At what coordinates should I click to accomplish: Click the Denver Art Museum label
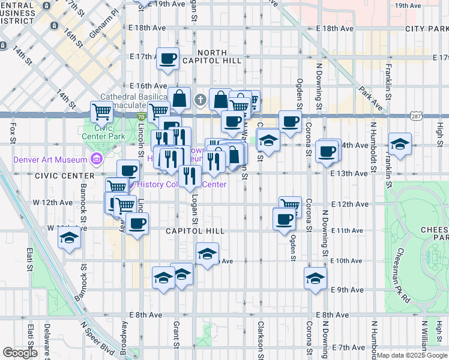pos(50,160)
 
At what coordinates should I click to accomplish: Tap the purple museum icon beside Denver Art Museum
pos(95,159)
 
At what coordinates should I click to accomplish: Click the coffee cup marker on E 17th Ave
pos(168,58)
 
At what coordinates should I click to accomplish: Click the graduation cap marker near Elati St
pos(70,238)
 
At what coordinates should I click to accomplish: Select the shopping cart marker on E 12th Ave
pos(290,206)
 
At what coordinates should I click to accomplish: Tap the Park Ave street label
pos(371,100)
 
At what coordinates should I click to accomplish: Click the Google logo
pos(20,353)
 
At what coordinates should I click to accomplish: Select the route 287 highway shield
pos(416,115)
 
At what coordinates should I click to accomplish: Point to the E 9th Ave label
pos(347,289)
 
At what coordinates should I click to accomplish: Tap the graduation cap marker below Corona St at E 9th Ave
pos(315,278)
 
